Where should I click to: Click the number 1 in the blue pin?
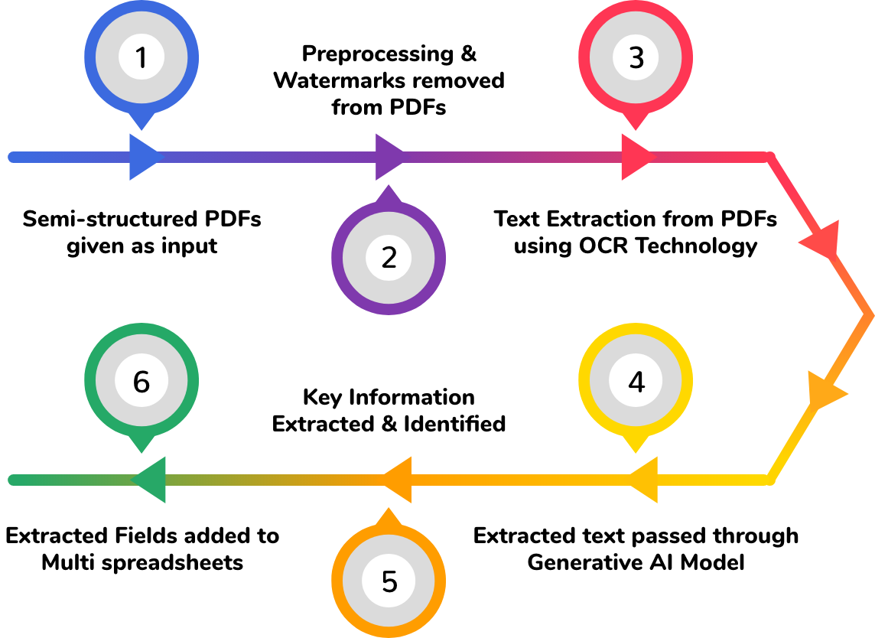[141, 58]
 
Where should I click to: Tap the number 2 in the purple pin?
[389, 258]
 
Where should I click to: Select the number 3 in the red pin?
[636, 58]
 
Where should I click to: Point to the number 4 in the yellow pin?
[636, 382]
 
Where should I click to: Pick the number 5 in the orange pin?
[389, 582]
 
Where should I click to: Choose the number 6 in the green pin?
[141, 382]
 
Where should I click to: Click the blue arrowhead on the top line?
[144, 158]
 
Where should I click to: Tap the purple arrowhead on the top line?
[390, 158]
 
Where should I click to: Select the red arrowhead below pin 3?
[636, 158]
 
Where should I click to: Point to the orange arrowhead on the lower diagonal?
[825, 392]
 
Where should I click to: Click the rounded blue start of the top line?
[12, 158]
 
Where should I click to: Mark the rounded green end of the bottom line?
[12, 480]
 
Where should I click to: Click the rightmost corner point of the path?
[868, 314]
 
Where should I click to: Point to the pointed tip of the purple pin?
[389, 187]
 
